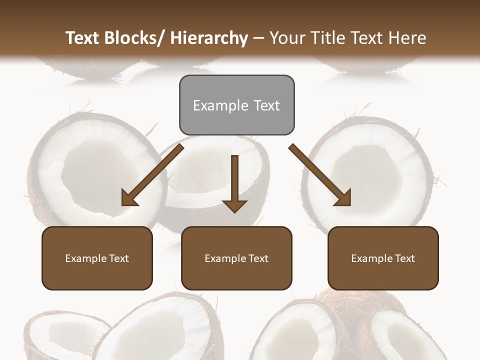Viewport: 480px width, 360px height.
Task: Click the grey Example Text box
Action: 236,105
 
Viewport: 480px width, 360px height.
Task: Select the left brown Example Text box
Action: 97,258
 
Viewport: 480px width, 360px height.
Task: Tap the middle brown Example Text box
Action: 236,258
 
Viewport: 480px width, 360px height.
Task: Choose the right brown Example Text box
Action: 383,258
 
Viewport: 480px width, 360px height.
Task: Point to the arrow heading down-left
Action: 152,175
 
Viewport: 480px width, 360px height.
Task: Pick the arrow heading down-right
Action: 320,175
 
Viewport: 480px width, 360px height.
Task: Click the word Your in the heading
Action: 286,38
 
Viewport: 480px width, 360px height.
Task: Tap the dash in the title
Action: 258,38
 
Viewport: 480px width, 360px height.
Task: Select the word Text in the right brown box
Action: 404,258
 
